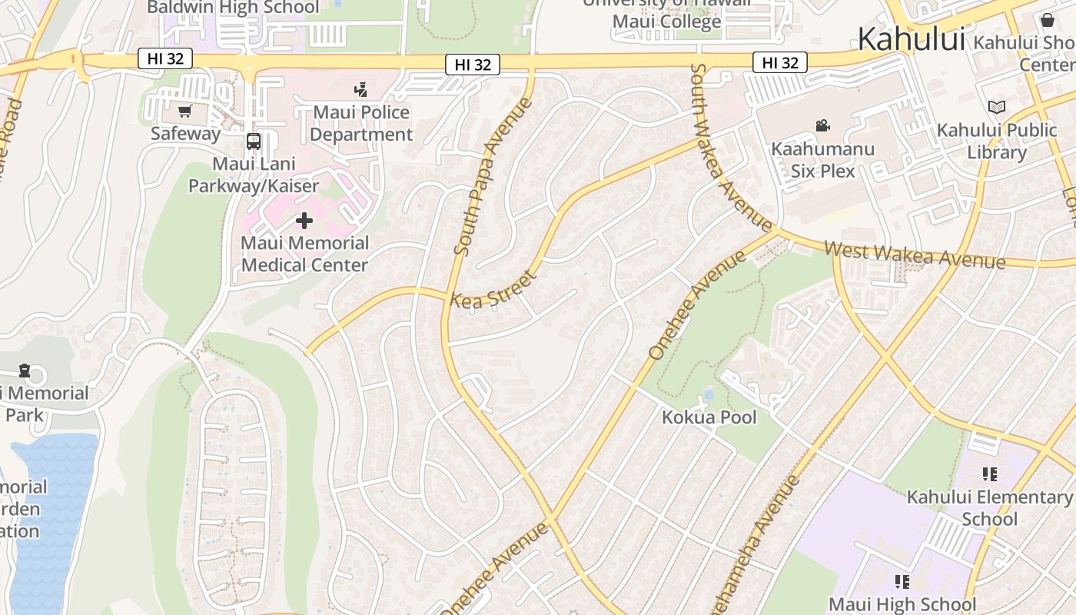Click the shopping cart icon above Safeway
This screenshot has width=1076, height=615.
[184, 111]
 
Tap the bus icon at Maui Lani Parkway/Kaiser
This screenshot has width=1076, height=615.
[254, 141]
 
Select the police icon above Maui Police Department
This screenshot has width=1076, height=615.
[360, 90]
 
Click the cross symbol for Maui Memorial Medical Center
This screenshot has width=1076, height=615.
[304, 221]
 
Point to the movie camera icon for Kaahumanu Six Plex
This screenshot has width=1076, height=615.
[822, 126]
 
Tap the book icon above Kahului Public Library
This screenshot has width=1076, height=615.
[996, 108]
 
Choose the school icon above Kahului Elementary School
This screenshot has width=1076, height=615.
[989, 474]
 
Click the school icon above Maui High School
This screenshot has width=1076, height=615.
[902, 581]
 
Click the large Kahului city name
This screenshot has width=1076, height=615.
[911, 38]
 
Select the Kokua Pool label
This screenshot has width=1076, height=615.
[709, 417]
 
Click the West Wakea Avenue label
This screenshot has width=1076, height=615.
[915, 255]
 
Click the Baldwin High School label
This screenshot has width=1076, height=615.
[232, 8]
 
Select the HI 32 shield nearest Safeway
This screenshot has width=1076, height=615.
[165, 58]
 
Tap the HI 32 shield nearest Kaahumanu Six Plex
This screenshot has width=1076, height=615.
[780, 62]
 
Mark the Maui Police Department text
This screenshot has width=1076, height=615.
[361, 123]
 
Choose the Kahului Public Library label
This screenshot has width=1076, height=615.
[997, 141]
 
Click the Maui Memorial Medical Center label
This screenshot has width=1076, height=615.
[304, 254]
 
